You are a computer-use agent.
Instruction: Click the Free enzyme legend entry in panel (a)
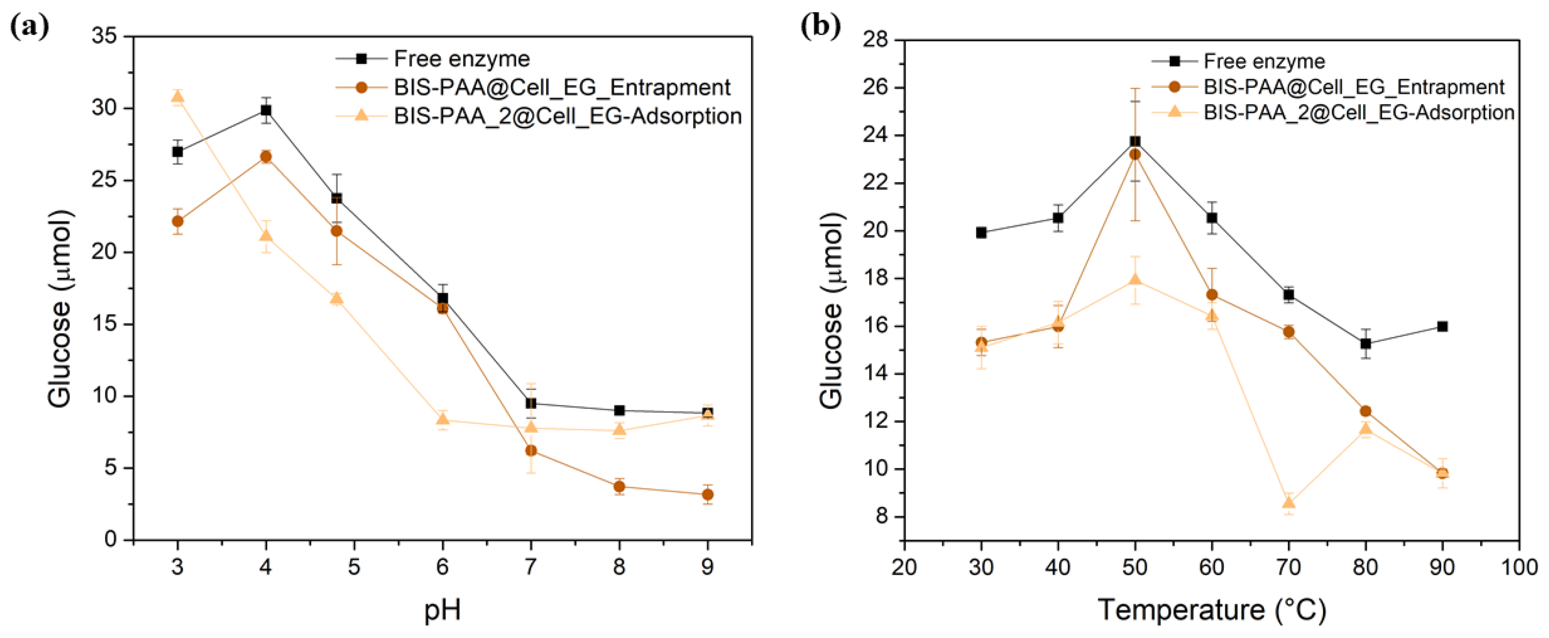click(461, 59)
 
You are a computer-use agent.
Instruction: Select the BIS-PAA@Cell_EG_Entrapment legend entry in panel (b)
click(1353, 87)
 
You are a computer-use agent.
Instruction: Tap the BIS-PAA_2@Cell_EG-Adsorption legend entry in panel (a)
click(567, 115)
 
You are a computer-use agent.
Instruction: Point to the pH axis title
click(443, 610)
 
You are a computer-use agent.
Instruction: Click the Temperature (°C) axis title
click(1211, 610)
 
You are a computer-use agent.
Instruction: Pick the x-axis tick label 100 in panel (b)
click(1519, 567)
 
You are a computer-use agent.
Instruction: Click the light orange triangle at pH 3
click(177, 97)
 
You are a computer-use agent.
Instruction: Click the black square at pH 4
click(266, 110)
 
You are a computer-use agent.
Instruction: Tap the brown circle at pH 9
click(708, 495)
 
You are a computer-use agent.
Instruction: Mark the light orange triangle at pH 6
click(443, 420)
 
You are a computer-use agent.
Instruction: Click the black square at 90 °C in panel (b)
click(1442, 326)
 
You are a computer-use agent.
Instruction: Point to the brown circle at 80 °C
click(1366, 411)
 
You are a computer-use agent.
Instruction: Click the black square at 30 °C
click(981, 232)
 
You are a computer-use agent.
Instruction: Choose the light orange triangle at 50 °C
click(1135, 279)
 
